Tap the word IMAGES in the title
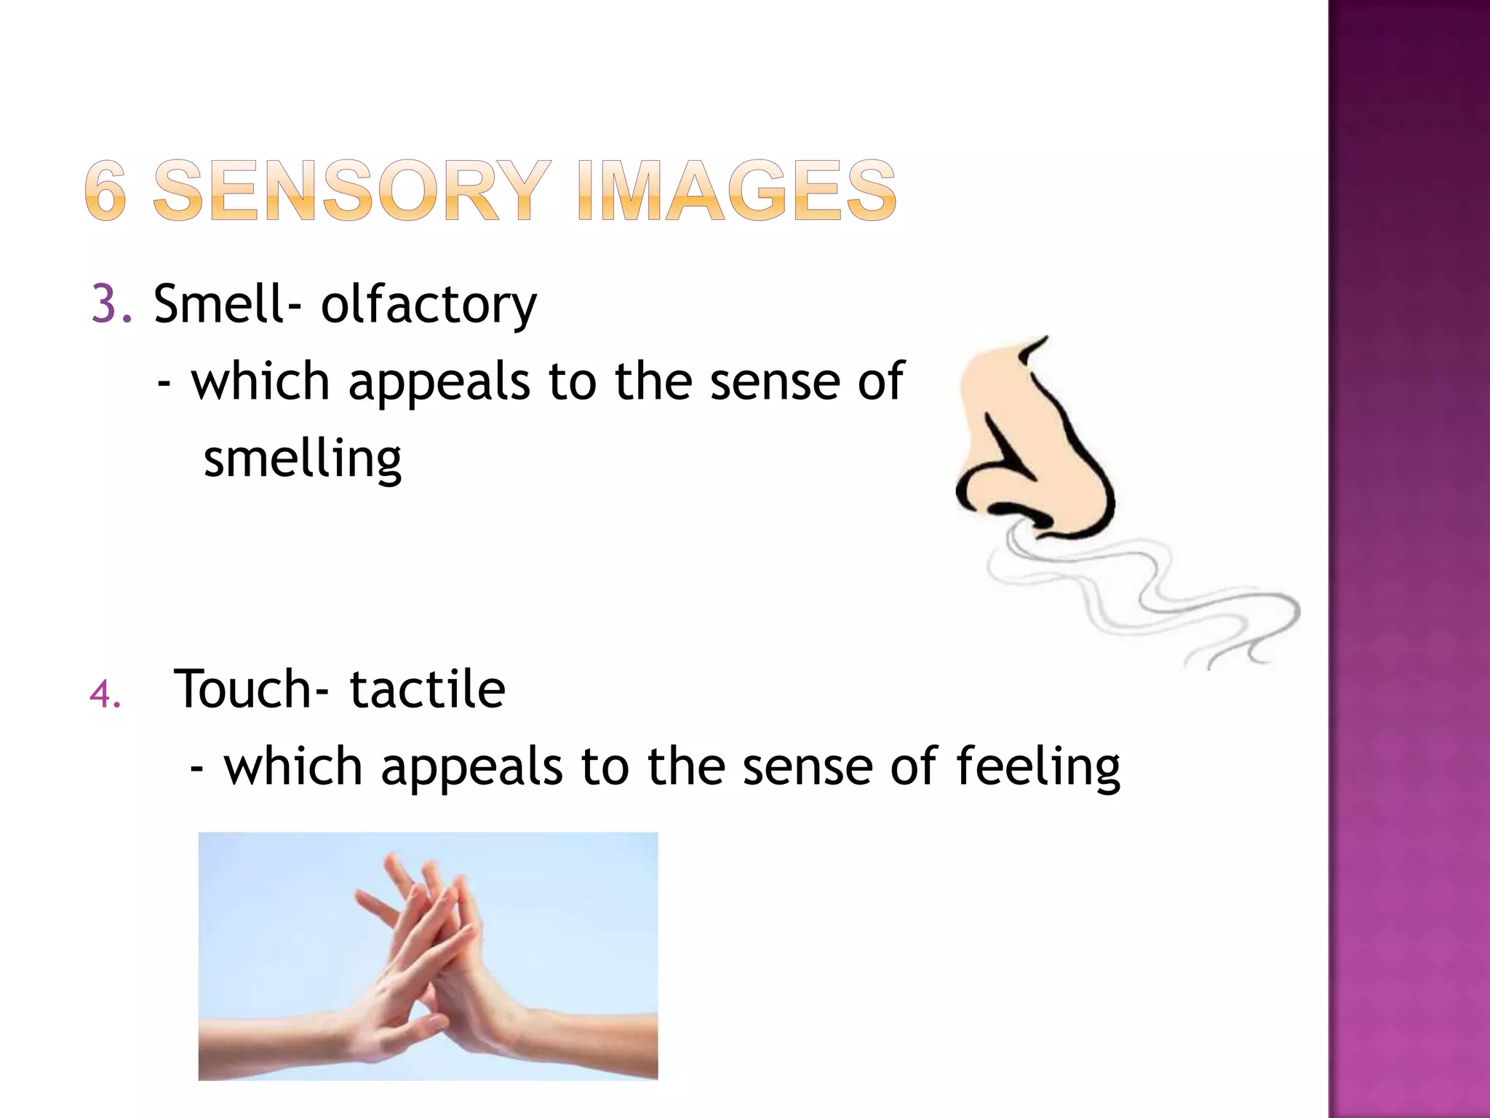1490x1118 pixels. coord(736,191)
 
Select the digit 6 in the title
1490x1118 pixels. coord(105,191)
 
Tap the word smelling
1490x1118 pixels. coord(302,460)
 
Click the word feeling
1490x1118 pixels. coord(1037,768)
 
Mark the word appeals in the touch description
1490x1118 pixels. coord(471,768)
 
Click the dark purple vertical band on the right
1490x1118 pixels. coord(1409,559)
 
